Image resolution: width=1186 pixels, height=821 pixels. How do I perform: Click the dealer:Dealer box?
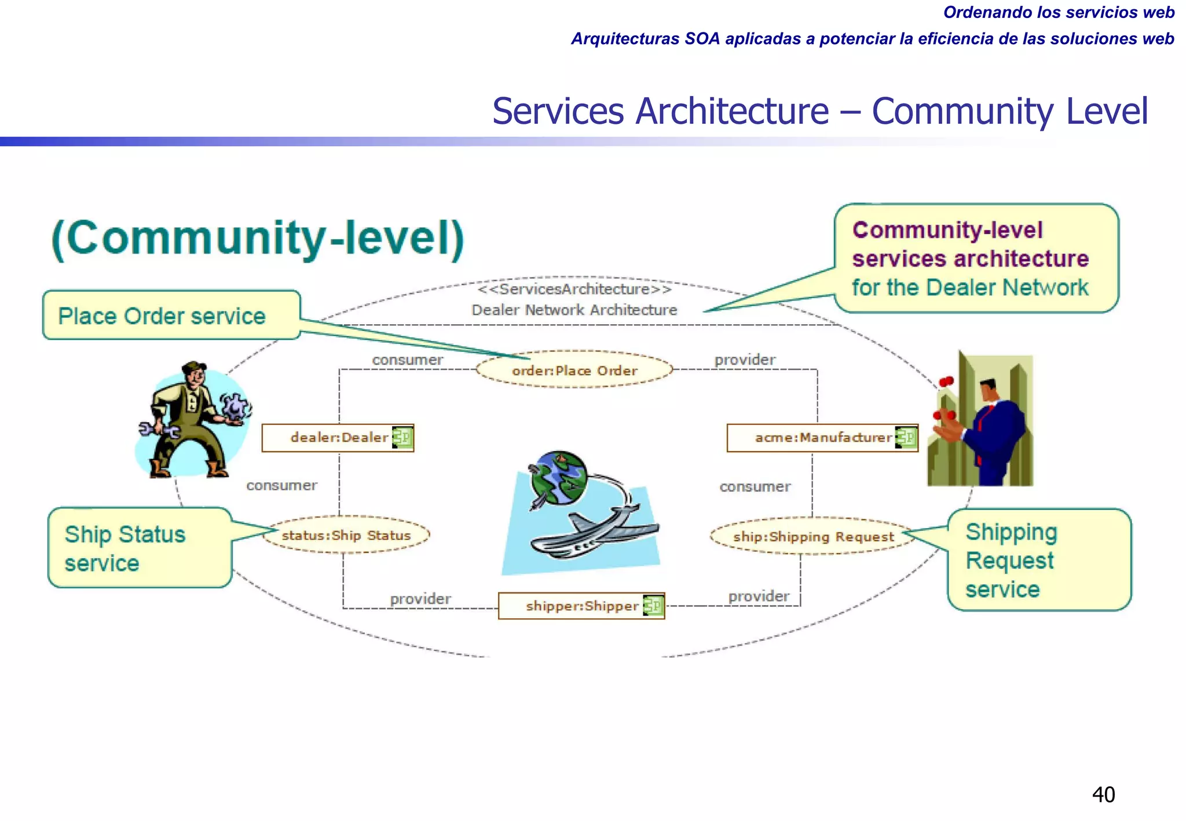tap(338, 438)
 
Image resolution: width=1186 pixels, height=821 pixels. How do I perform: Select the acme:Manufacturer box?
tap(822, 438)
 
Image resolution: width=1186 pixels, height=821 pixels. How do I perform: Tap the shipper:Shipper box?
tap(581, 606)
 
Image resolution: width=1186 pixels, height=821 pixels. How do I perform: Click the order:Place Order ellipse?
tap(574, 370)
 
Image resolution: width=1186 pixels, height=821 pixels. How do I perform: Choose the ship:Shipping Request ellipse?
tap(813, 537)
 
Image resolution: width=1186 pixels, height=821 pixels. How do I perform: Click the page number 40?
tap(1103, 794)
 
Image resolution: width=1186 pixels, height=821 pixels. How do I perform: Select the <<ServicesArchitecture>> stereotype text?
tap(574, 289)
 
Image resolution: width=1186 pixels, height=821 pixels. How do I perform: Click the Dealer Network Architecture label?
tap(574, 310)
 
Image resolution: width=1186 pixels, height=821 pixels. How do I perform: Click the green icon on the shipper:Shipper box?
tap(653, 606)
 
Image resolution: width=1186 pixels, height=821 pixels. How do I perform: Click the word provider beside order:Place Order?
tap(744, 360)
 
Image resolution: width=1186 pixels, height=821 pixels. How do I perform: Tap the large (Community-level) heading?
tap(258, 239)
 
